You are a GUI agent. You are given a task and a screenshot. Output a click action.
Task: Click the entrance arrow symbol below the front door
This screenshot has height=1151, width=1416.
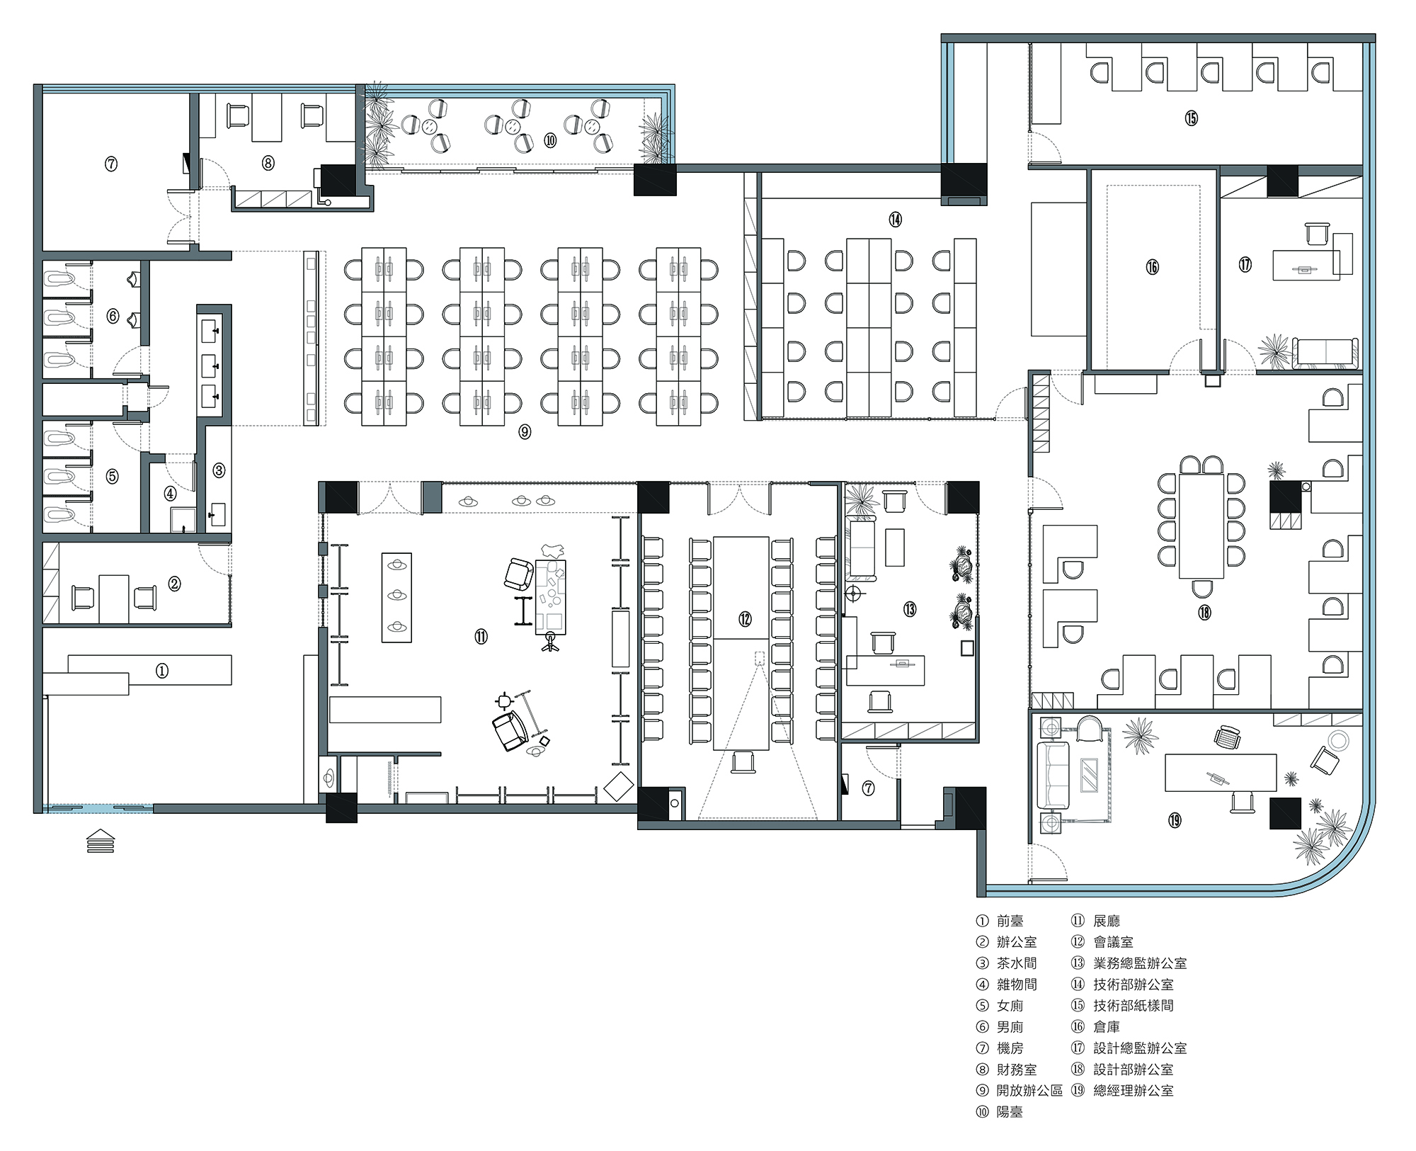(100, 840)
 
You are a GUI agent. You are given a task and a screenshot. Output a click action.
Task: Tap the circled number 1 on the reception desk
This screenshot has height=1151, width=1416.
(162, 671)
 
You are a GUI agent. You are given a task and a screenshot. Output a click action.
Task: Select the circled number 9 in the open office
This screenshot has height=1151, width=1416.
(525, 431)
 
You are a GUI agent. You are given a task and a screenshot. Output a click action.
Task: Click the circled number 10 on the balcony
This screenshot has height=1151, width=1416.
(550, 140)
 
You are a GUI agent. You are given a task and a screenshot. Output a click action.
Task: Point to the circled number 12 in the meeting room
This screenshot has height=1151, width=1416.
(745, 619)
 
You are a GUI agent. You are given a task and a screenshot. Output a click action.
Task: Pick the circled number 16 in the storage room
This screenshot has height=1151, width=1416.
(1152, 267)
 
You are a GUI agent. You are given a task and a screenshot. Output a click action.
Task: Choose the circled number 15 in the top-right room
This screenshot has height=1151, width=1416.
(1191, 118)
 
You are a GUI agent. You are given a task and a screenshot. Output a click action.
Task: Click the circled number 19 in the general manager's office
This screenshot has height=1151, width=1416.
(1175, 820)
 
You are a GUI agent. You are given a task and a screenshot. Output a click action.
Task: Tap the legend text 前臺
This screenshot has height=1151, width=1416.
(1010, 921)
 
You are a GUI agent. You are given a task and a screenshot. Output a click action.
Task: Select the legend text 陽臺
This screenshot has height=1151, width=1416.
(1010, 1112)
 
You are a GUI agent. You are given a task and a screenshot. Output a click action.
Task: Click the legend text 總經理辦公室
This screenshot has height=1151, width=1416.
(1134, 1091)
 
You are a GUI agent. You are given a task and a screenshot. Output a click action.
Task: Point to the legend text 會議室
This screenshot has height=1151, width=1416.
(1114, 942)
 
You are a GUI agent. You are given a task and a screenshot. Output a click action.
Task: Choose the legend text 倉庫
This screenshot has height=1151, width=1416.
(1107, 1027)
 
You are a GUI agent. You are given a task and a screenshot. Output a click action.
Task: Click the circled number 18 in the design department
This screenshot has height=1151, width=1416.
(1204, 612)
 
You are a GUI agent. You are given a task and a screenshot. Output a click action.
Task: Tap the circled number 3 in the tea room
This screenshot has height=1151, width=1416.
(219, 470)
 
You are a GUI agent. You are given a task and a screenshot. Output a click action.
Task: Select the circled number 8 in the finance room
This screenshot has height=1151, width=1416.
(268, 163)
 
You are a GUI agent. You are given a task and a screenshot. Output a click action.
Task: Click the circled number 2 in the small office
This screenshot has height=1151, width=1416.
(174, 584)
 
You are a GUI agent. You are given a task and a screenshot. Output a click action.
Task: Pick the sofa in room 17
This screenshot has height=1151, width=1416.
(1325, 353)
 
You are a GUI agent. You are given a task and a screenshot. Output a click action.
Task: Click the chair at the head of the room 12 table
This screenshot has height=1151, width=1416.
(743, 762)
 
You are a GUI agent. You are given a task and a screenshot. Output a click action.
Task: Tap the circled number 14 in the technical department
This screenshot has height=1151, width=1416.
(896, 220)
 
